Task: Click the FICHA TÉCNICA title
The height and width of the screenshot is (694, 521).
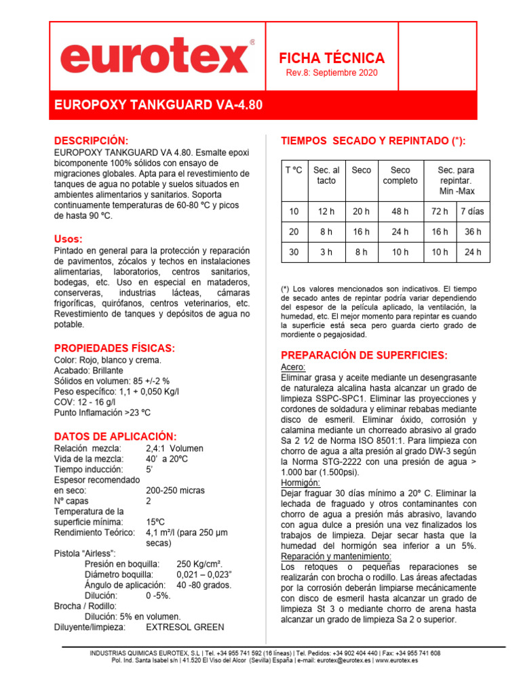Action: click(332, 58)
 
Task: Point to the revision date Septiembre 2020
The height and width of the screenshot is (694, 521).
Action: click(332, 73)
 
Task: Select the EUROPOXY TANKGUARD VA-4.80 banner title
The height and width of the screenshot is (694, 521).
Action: click(157, 106)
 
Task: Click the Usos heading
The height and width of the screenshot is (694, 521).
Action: click(69, 239)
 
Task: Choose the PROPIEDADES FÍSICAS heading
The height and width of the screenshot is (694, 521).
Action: click(114, 348)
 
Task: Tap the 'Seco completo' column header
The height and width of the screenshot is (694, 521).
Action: click(400, 176)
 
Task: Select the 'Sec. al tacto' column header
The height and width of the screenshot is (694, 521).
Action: click(326, 176)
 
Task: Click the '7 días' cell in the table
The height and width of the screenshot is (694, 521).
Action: click(472, 211)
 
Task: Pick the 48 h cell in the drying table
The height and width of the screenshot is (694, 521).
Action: click(400, 211)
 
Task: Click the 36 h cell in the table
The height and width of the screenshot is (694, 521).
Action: click(472, 232)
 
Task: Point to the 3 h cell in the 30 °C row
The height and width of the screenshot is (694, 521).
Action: click(326, 252)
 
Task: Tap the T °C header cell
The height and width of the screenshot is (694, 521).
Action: click(294, 170)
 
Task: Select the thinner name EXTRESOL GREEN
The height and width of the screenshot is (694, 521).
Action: click(185, 627)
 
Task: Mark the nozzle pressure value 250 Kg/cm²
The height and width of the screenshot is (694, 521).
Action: click(200, 563)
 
